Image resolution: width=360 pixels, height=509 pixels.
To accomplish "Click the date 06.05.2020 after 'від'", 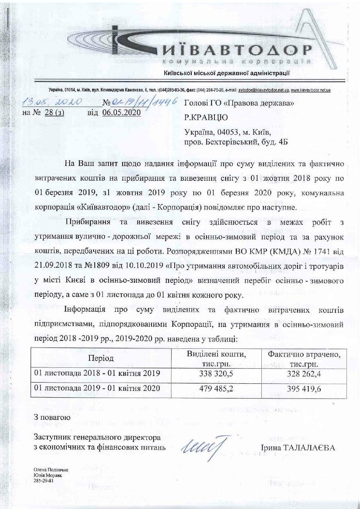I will tap(122, 113).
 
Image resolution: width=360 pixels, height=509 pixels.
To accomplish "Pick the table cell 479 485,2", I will tap(216, 388).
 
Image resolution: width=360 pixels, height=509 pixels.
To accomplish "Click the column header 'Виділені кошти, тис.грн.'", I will tap(216, 358).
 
